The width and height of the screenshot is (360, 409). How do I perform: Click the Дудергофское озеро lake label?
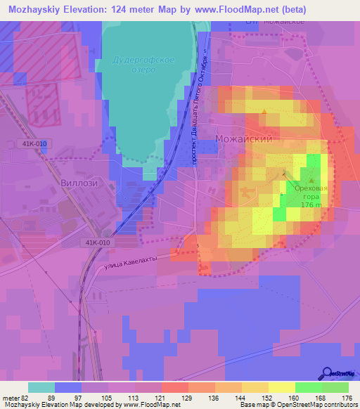[143, 66]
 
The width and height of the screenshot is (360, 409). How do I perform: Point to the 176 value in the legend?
[346, 398]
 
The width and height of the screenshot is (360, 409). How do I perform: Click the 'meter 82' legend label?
[15, 398]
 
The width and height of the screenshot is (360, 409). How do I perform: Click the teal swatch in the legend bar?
[41, 387]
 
